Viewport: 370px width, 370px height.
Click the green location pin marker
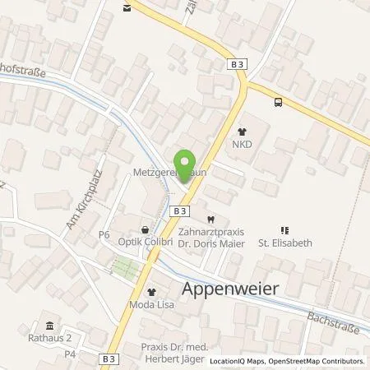click(x=186, y=160)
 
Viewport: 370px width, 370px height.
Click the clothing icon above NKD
click(x=242, y=132)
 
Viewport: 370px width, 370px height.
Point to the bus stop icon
click(x=278, y=103)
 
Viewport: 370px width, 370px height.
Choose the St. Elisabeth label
click(x=284, y=242)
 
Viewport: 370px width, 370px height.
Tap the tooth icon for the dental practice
click(x=211, y=219)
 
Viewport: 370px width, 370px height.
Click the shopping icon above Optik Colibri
click(x=146, y=230)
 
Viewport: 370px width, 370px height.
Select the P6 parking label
click(x=104, y=235)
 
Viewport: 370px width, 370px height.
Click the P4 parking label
click(x=71, y=355)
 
